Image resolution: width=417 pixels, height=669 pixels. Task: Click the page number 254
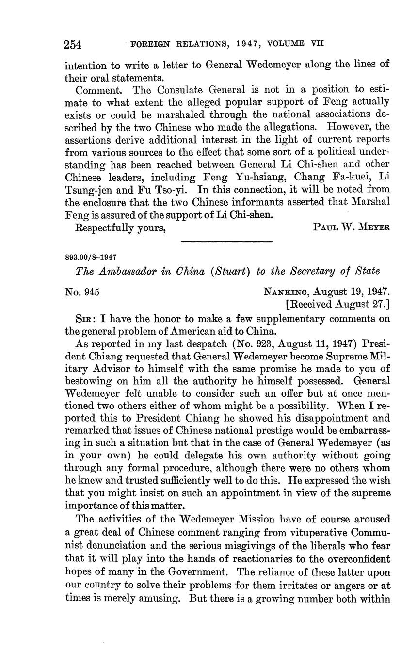click(73, 45)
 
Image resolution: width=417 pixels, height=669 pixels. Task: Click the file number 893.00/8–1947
click(91, 257)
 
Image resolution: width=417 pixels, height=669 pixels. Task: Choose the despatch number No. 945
click(82, 292)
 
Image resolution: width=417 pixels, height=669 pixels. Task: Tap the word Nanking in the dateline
click(287, 292)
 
